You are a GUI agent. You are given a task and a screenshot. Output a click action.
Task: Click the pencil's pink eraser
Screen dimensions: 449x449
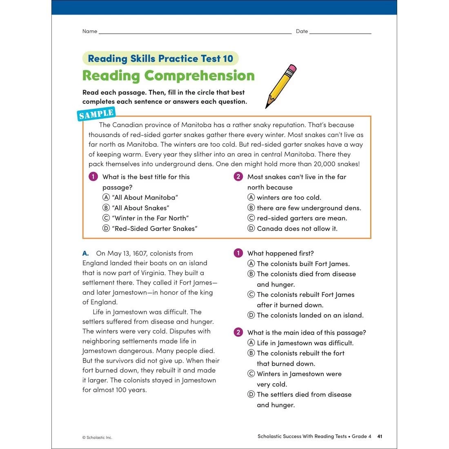click(291, 68)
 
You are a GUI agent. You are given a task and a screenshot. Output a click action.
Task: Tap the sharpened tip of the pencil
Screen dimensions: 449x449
click(267, 107)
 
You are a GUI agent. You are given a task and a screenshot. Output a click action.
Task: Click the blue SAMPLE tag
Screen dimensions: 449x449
click(96, 114)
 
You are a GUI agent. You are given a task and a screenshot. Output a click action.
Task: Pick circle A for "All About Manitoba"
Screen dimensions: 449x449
click(106, 198)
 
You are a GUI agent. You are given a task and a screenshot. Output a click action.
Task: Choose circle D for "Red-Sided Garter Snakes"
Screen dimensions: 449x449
click(106, 229)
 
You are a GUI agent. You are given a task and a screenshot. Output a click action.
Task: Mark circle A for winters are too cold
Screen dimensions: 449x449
click(251, 198)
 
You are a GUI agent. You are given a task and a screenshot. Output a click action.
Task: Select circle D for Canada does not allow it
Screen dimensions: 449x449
click(251, 229)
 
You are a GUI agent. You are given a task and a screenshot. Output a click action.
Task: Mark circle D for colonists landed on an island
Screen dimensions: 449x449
click(251, 315)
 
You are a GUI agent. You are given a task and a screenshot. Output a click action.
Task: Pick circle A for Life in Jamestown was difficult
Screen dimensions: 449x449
click(251, 343)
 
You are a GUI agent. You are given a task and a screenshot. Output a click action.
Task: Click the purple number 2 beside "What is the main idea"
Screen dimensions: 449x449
click(238, 332)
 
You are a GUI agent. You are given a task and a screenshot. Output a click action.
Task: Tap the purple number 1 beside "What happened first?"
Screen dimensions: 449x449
click(238, 253)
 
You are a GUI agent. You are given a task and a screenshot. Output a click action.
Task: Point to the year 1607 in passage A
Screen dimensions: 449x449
click(140, 253)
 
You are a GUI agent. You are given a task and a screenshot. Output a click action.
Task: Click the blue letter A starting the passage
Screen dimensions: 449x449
click(85, 253)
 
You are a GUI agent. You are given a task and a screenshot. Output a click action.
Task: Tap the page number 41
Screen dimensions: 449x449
click(380, 436)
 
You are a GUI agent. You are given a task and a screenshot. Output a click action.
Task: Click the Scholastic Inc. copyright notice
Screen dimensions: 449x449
click(97, 438)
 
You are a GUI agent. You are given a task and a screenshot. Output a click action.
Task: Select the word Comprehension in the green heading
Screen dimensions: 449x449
click(199, 76)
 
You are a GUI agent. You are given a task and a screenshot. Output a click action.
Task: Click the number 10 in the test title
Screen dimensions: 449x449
click(228, 59)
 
